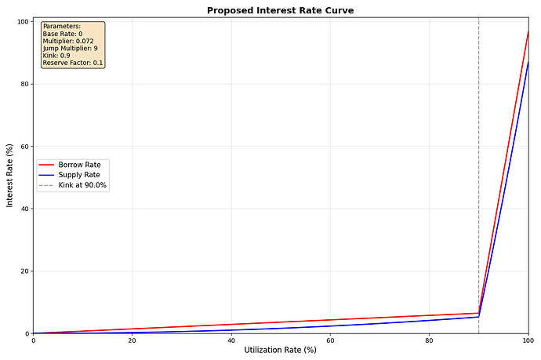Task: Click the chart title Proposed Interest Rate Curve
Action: [x=281, y=10]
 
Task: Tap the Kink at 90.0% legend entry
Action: [x=82, y=186]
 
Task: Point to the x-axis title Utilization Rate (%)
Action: [x=280, y=350]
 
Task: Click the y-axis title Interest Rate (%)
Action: [x=10, y=176]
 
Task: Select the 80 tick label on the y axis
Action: [x=24, y=84]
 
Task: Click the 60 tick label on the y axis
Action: [x=24, y=147]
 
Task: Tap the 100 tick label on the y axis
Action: [x=22, y=22]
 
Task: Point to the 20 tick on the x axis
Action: [x=132, y=340]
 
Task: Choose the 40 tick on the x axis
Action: [x=231, y=340]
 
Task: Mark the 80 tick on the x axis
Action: [x=429, y=340]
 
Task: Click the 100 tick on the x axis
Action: [x=527, y=340]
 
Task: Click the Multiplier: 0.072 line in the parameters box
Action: [x=68, y=41]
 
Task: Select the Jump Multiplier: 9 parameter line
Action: [x=70, y=48]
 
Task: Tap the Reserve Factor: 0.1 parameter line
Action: [x=72, y=63]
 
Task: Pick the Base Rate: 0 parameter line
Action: [x=62, y=34]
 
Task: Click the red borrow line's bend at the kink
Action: [x=479, y=313]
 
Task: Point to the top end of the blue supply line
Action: [x=528, y=62]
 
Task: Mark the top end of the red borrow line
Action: [x=528, y=32]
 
